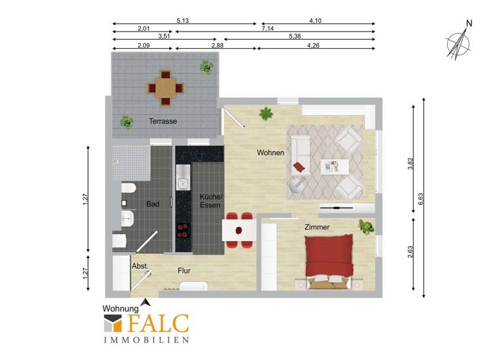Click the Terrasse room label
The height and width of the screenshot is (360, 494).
(x=163, y=121)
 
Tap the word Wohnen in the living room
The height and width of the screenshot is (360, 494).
(x=270, y=152)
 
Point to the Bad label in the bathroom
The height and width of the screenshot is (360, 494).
(x=152, y=204)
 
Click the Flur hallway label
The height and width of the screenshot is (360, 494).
(x=185, y=271)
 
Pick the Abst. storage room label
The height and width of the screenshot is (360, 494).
(x=140, y=265)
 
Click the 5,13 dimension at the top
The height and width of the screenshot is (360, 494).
(x=183, y=21)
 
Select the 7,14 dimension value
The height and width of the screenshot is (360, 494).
(x=268, y=30)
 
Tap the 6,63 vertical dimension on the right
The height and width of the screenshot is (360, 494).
(x=420, y=198)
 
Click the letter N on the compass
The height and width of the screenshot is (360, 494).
(x=469, y=24)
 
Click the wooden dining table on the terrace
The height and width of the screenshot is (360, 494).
(x=167, y=88)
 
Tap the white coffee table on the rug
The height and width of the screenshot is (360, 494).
(x=334, y=166)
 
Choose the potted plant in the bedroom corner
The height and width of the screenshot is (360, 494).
(x=366, y=226)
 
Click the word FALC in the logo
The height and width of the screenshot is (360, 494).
(x=157, y=323)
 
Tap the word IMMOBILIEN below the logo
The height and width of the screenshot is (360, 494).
(x=146, y=339)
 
